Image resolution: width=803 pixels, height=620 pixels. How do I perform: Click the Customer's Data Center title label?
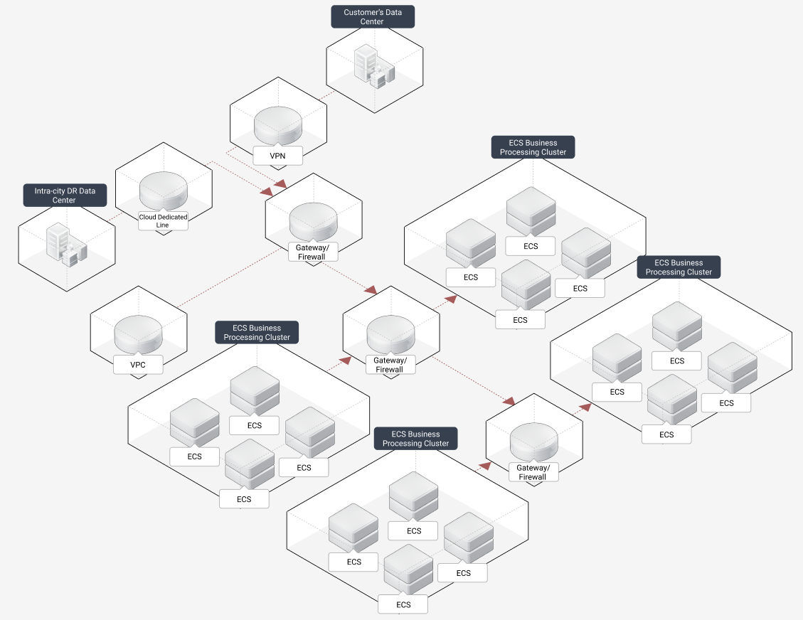tap(372, 17)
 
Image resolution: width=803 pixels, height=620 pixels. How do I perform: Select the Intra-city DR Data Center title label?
tap(64, 196)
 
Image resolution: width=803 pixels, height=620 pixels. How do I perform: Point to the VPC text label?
tap(138, 365)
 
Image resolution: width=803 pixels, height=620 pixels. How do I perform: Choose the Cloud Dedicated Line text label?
tap(163, 221)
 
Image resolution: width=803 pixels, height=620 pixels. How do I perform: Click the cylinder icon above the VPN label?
tap(278, 126)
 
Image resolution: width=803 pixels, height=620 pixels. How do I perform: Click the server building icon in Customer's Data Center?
tap(373, 65)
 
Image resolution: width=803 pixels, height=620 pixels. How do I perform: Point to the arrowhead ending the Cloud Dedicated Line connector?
tap(267, 192)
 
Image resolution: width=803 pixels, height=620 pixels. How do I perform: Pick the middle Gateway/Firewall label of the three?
tap(389, 365)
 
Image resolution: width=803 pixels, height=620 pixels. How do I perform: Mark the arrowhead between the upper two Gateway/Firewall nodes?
tap(371, 290)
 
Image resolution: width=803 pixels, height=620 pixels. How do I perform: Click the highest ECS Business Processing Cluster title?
tap(533, 147)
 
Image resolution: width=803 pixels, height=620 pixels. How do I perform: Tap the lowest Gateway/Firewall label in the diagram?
tap(532, 472)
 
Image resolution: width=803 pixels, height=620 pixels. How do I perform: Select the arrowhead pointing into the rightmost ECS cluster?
tap(585, 407)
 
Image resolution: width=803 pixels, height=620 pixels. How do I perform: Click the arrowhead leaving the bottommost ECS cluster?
tap(486, 466)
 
